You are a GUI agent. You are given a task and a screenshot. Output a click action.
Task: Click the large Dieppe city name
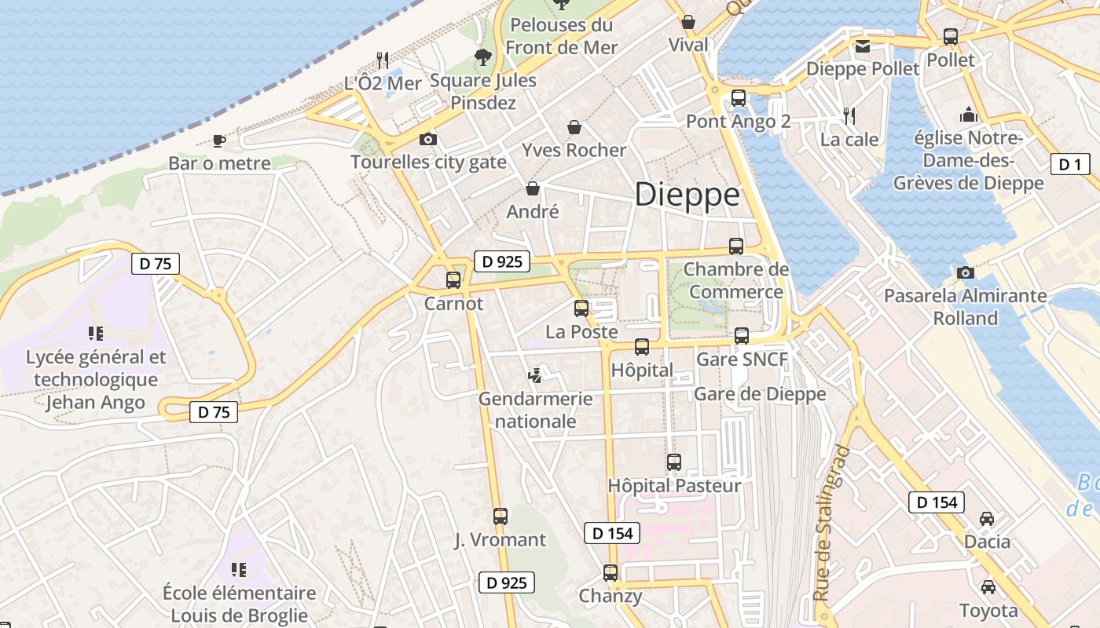(x=687, y=195)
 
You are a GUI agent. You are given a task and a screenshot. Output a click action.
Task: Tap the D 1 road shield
(x=1070, y=164)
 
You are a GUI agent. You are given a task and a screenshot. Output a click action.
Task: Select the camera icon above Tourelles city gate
(x=427, y=140)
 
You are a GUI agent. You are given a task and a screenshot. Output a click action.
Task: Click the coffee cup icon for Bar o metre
(x=219, y=141)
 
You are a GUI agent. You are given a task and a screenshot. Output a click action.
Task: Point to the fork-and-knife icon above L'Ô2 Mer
(x=382, y=60)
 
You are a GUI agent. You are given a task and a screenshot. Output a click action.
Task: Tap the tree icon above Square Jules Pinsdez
(x=482, y=57)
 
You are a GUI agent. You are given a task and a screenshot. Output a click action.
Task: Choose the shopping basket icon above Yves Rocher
(x=574, y=127)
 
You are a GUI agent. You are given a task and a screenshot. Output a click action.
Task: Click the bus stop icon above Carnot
(x=453, y=280)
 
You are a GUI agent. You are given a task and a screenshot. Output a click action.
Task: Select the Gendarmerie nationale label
(x=535, y=410)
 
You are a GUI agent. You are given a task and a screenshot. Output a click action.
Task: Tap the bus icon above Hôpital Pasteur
(x=673, y=462)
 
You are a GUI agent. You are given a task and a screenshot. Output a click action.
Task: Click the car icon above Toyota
(x=988, y=586)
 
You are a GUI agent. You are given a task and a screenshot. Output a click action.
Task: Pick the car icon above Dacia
(x=987, y=519)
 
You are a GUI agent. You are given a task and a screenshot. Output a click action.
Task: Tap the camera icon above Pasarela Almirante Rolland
(x=966, y=272)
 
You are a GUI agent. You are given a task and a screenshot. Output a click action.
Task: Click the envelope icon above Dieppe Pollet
(x=863, y=46)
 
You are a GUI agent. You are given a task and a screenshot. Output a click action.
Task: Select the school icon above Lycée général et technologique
(x=96, y=334)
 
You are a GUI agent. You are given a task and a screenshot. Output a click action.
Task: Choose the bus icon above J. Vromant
(x=500, y=517)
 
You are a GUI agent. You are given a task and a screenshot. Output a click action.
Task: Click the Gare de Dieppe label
(x=760, y=394)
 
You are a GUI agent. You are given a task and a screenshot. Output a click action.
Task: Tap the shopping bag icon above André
(x=533, y=188)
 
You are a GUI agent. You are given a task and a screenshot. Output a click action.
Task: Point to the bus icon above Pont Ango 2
(x=738, y=98)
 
